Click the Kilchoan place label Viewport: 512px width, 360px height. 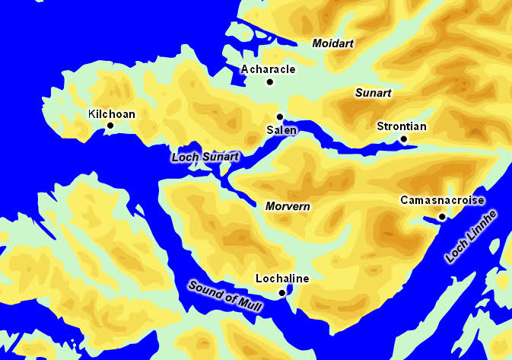tap(112, 114)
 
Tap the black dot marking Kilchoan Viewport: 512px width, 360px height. tap(110, 126)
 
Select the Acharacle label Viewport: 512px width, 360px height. tap(267, 69)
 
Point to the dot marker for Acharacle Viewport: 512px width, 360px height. tap(269, 81)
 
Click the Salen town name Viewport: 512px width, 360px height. tap(281, 130)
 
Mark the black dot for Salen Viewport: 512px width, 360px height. tap(280, 116)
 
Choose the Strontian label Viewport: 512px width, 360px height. tap(402, 126)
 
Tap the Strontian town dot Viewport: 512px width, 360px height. tap(404, 139)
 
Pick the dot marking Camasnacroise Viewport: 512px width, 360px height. tap(442, 216)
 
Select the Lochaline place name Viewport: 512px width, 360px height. tap(282, 279)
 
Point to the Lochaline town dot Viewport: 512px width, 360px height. tap(281, 292)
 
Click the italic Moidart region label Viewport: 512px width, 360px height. tap(334, 43)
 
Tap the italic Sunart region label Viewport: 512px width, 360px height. tap(374, 93)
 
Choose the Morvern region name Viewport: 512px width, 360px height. tap(288, 206)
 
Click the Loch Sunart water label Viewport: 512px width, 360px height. tap(205, 157)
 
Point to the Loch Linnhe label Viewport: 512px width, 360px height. tap(471, 236)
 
